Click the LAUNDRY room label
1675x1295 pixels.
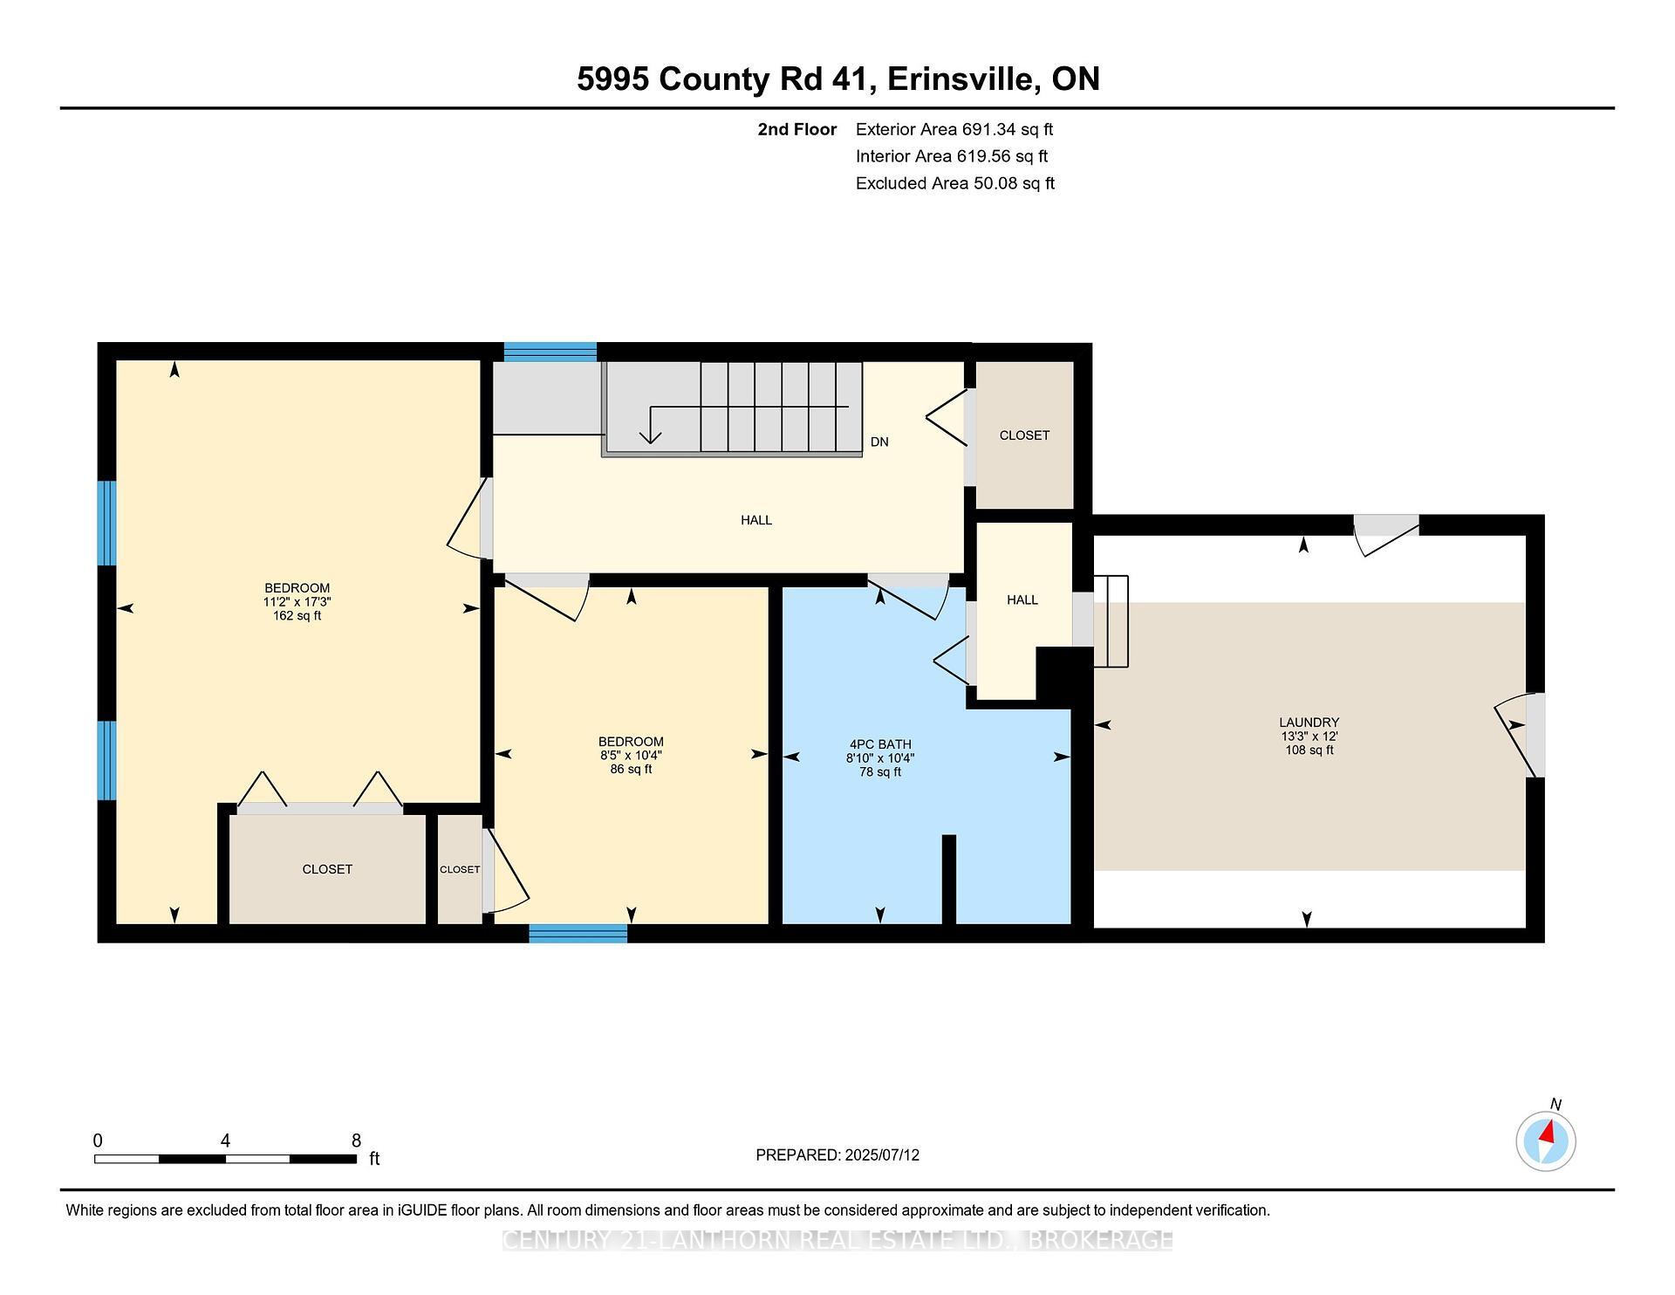coord(1309,723)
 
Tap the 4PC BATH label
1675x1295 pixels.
coord(880,744)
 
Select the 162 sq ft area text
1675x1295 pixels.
coord(297,616)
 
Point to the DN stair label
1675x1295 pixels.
coord(879,442)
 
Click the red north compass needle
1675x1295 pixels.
coord(1548,1133)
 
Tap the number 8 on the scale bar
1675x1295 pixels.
coord(356,1141)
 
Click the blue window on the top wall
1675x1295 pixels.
coord(550,352)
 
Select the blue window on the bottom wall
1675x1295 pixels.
coord(578,934)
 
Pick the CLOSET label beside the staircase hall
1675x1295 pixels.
coord(1024,435)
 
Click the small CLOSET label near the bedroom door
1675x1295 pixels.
coord(460,870)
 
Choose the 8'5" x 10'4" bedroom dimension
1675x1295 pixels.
coord(632,756)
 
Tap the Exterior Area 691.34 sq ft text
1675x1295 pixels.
coord(954,130)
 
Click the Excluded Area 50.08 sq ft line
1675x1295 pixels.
coord(955,184)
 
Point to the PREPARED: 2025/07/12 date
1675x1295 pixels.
coord(837,1155)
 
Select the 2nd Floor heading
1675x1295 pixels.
coord(797,130)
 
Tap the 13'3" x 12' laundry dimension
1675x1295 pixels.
coord(1309,737)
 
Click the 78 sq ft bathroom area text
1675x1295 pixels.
coord(880,772)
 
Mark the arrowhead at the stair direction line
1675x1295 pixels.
coord(650,436)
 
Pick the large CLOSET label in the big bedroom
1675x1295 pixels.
coord(327,870)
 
